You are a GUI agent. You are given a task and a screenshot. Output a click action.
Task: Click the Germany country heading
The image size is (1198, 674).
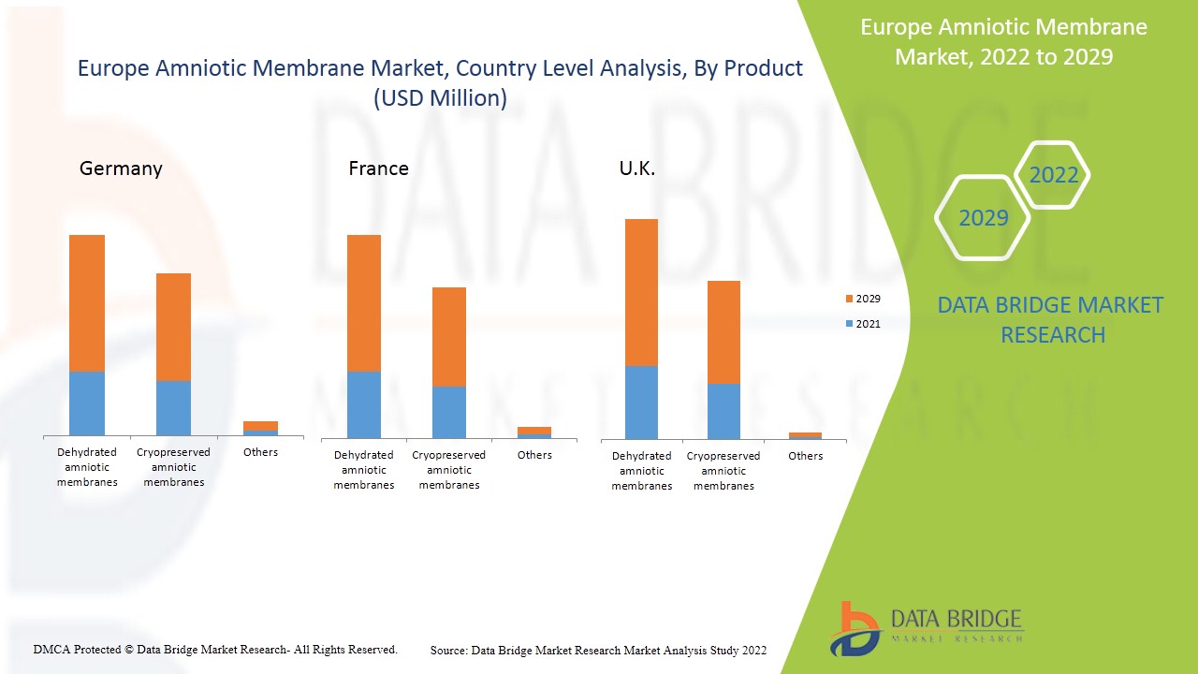(x=121, y=168)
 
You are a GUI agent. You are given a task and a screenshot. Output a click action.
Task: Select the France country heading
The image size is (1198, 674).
(x=378, y=168)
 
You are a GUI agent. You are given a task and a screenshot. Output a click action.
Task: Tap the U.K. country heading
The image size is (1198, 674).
(x=636, y=169)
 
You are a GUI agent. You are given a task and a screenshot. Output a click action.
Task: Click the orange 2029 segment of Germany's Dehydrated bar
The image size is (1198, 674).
(x=87, y=303)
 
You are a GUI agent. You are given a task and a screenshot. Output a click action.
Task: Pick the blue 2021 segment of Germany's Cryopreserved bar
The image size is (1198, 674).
(x=173, y=407)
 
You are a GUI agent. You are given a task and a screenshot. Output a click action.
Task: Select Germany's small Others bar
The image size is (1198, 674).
(x=260, y=428)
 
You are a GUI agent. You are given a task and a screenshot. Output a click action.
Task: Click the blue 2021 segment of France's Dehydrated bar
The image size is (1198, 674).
(x=364, y=404)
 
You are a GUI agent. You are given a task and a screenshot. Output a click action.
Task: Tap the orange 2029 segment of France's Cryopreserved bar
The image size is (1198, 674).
(x=449, y=336)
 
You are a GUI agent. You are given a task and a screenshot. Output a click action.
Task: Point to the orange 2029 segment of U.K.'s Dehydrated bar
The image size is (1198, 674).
(x=641, y=292)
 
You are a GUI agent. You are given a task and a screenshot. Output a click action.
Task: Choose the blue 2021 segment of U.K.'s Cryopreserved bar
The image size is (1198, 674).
(x=723, y=411)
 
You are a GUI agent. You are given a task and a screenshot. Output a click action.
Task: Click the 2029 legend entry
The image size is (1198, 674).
(x=862, y=299)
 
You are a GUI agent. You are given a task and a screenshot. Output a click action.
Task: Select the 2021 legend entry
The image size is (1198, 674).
(x=862, y=324)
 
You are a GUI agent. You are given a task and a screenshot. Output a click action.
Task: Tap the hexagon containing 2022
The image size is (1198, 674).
(x=1053, y=175)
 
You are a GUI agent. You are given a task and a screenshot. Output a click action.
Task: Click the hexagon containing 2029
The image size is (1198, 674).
(x=983, y=218)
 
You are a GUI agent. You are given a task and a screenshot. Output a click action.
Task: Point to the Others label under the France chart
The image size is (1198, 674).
(x=534, y=455)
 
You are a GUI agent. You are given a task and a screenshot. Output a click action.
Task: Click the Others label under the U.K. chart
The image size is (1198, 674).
(x=805, y=456)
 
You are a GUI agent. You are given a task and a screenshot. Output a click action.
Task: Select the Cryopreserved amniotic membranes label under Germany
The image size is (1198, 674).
(x=173, y=467)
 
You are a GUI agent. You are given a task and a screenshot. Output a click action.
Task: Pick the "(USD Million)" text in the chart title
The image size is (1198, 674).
(x=440, y=98)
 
